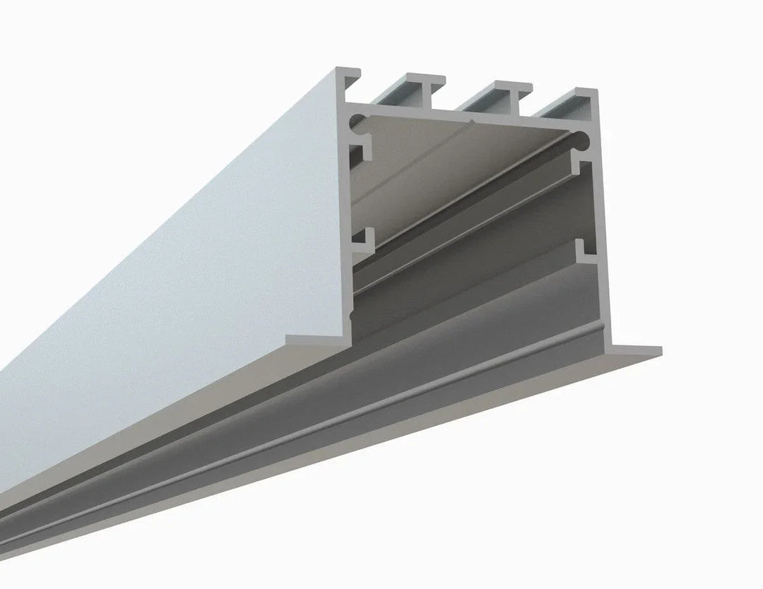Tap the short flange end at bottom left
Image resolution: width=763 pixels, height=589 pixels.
coord(311,341)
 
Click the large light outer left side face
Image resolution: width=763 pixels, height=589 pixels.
coord(177,282)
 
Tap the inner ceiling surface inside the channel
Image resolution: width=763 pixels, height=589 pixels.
coord(424,162)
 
